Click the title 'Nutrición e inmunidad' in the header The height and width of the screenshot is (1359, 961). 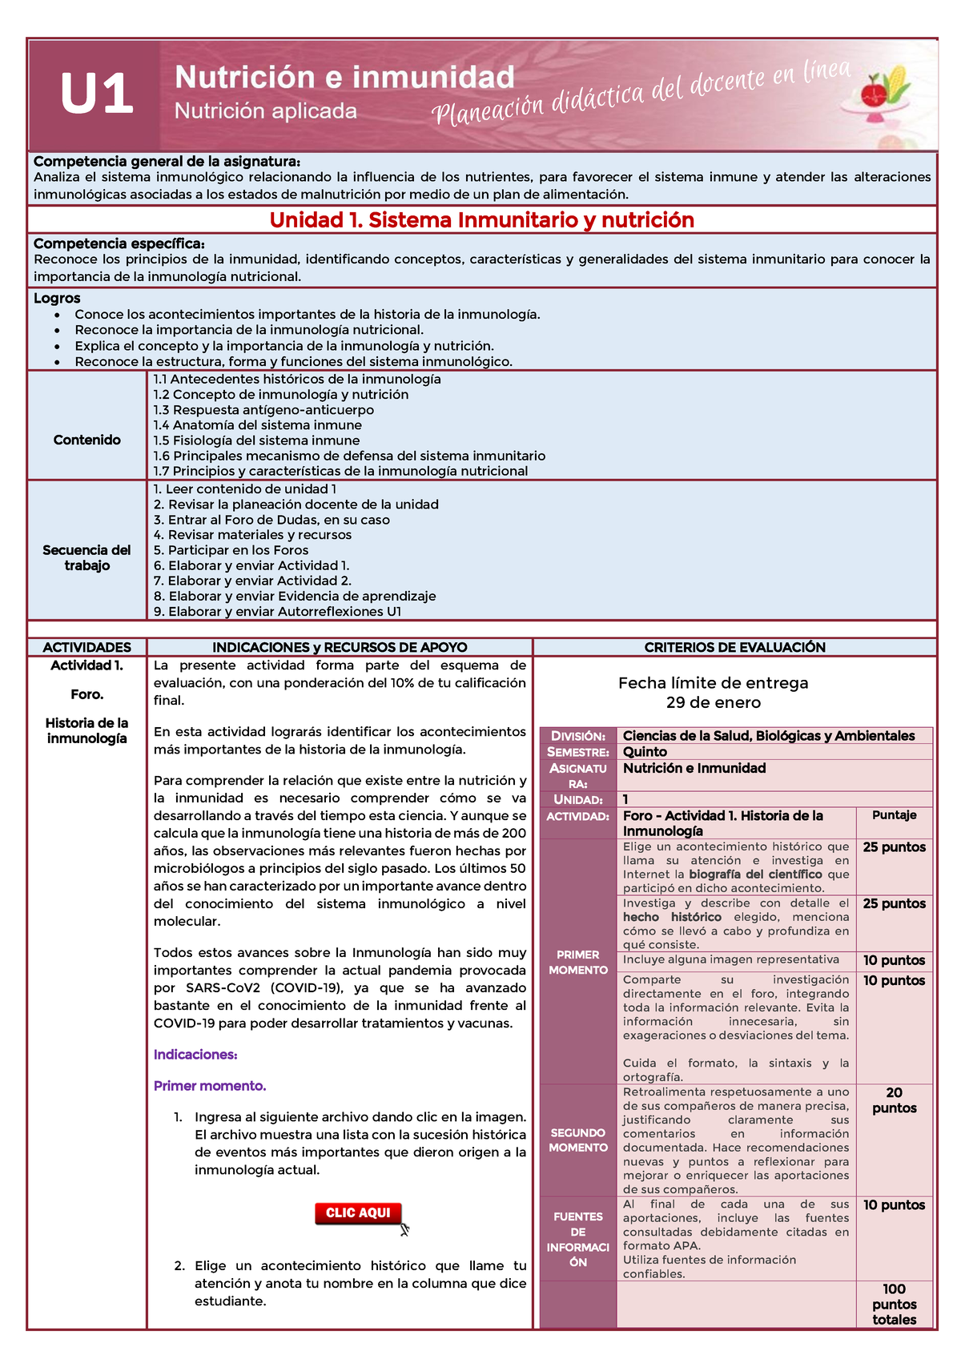tap(344, 78)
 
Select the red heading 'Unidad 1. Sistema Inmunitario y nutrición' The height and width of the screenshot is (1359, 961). tap(481, 220)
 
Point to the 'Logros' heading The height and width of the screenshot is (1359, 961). tap(57, 299)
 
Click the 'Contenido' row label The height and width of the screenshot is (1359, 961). tap(86, 440)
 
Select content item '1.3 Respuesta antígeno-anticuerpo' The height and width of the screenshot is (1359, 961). tap(263, 410)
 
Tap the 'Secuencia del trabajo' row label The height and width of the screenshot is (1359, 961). tap(86, 557)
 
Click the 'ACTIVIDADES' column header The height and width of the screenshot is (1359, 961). tap(86, 647)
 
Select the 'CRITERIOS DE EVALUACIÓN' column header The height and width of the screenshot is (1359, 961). tap(734, 647)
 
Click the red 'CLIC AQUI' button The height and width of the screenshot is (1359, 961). tap(358, 1213)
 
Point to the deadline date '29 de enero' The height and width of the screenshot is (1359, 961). tap(713, 703)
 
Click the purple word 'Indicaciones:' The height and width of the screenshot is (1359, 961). tap(195, 1055)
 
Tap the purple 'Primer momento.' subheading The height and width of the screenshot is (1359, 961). tap(210, 1086)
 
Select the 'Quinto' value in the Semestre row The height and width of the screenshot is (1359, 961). tap(645, 752)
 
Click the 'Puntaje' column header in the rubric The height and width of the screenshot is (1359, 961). tap(894, 815)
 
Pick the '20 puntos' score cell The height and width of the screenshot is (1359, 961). tap(894, 1100)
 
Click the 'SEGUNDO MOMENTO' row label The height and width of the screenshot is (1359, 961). tap(577, 1140)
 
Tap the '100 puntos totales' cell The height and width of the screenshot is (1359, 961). tap(894, 1305)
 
